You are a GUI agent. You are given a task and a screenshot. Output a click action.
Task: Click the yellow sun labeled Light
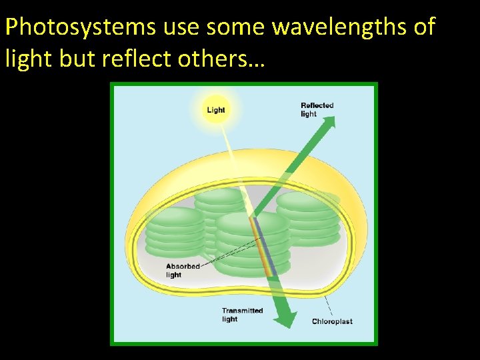click(x=215, y=109)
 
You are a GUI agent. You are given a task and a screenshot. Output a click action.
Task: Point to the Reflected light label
click(x=317, y=109)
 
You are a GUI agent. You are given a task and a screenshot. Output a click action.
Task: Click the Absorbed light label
click(x=183, y=270)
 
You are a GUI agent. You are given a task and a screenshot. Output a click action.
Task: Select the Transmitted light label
click(x=242, y=314)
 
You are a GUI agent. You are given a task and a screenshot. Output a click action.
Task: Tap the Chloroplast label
click(x=332, y=321)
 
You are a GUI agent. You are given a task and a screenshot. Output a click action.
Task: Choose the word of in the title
click(x=424, y=27)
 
